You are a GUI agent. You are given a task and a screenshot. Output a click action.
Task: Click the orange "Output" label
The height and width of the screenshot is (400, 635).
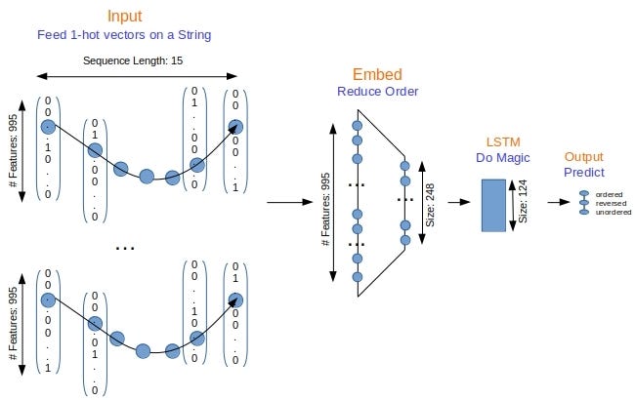584,155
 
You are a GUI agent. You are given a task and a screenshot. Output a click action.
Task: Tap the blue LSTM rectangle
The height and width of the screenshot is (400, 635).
494,205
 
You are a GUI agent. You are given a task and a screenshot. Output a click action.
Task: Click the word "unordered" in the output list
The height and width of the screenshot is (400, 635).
613,212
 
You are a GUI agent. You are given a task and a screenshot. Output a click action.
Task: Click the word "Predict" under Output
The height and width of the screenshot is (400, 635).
584,172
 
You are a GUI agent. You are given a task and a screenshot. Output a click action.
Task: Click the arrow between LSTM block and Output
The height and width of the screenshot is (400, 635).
559,203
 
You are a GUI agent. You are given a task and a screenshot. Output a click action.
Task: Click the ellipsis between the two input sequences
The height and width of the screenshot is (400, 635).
125,248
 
